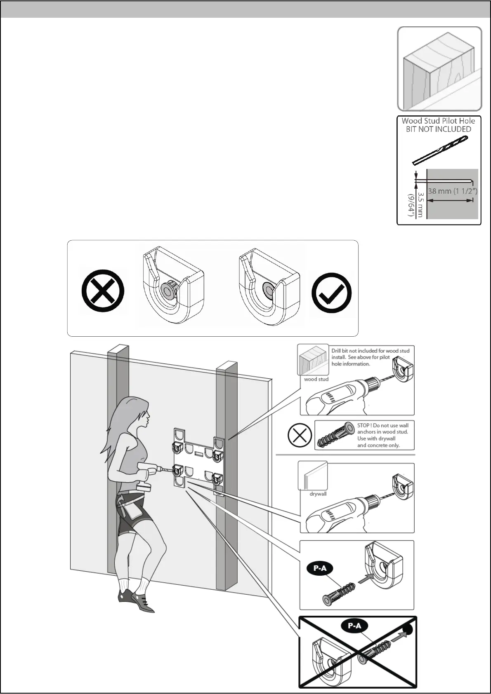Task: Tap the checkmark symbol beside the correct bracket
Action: pyautogui.click(x=332, y=293)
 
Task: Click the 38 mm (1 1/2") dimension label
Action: pyautogui.click(x=453, y=191)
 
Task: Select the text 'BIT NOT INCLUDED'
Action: pyautogui.click(x=438, y=129)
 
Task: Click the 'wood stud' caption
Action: pyautogui.click(x=316, y=379)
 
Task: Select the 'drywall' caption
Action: pyautogui.click(x=318, y=494)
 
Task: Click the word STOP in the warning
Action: pyautogui.click(x=364, y=425)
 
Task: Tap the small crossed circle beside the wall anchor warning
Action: pyautogui.click(x=299, y=435)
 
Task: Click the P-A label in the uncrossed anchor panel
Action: pyautogui.click(x=320, y=569)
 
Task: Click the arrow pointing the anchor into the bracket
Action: pyautogui.click(x=366, y=579)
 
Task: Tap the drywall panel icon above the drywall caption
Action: pyautogui.click(x=313, y=476)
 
